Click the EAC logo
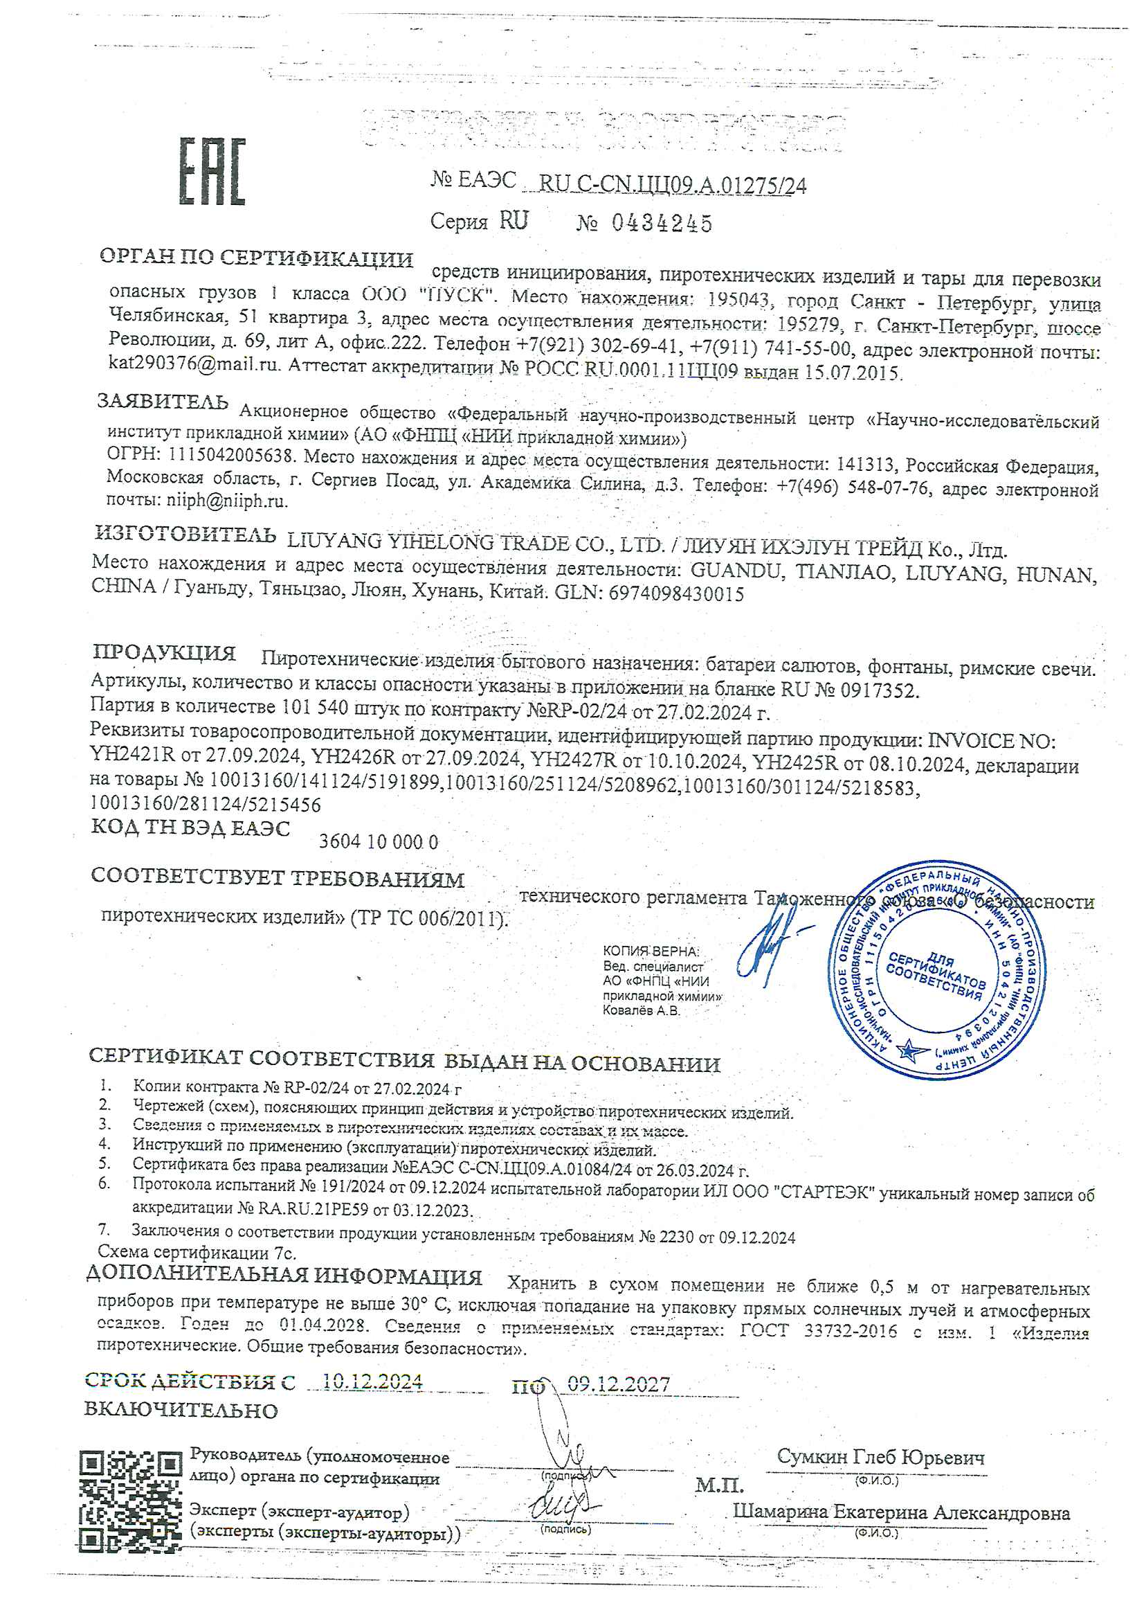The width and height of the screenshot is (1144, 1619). (212, 171)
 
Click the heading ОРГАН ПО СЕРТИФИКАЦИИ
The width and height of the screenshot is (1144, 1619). (256, 258)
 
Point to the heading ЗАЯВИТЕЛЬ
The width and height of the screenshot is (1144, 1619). (163, 401)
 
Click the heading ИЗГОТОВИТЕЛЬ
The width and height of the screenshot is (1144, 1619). (185, 535)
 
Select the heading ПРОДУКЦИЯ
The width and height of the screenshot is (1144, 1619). (164, 652)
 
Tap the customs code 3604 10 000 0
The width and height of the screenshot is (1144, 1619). (379, 841)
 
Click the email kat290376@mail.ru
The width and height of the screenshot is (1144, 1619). (194, 364)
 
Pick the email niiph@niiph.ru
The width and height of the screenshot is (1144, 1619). (226, 501)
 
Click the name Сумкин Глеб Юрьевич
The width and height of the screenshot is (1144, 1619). (880, 1456)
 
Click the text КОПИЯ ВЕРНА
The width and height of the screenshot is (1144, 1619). (651, 951)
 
